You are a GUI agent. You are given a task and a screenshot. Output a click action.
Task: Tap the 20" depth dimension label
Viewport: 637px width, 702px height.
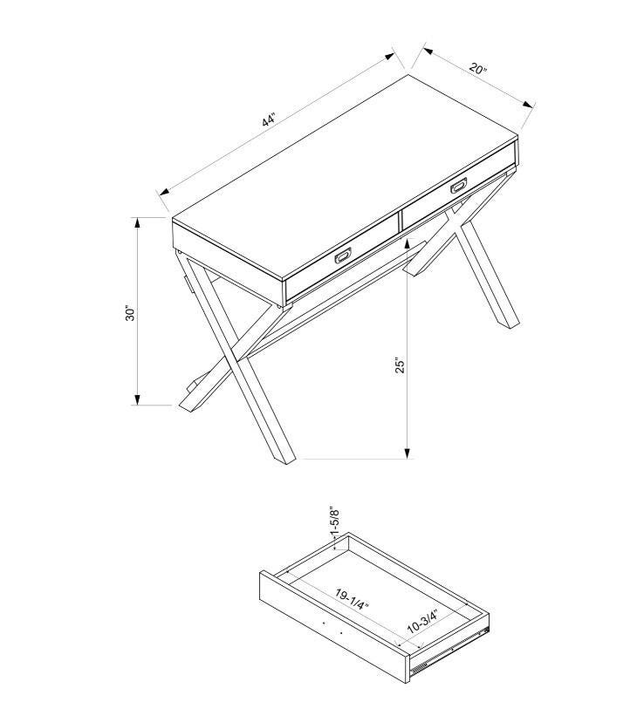[x=478, y=69]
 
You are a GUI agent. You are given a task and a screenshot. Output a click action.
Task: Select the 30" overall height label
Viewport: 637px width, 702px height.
[x=130, y=314]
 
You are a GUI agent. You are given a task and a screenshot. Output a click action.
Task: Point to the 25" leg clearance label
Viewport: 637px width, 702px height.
[x=400, y=365]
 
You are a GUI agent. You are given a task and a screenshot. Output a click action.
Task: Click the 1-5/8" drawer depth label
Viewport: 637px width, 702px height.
[x=334, y=521]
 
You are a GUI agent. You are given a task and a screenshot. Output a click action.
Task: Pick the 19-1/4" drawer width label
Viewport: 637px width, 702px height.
[x=353, y=600]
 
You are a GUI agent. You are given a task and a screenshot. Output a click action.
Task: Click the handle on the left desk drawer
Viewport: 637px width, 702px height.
[x=343, y=256]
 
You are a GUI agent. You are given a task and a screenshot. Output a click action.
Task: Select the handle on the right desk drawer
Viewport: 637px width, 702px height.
[x=459, y=185]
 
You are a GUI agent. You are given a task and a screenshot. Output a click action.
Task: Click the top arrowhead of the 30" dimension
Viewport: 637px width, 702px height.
[x=138, y=222]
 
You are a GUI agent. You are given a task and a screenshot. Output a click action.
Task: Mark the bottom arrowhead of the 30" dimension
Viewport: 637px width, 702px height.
[x=138, y=399]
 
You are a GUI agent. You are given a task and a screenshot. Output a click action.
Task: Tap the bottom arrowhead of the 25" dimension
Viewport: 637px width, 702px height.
[x=408, y=453]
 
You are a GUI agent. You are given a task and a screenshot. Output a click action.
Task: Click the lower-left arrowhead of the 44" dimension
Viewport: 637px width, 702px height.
[x=164, y=192]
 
